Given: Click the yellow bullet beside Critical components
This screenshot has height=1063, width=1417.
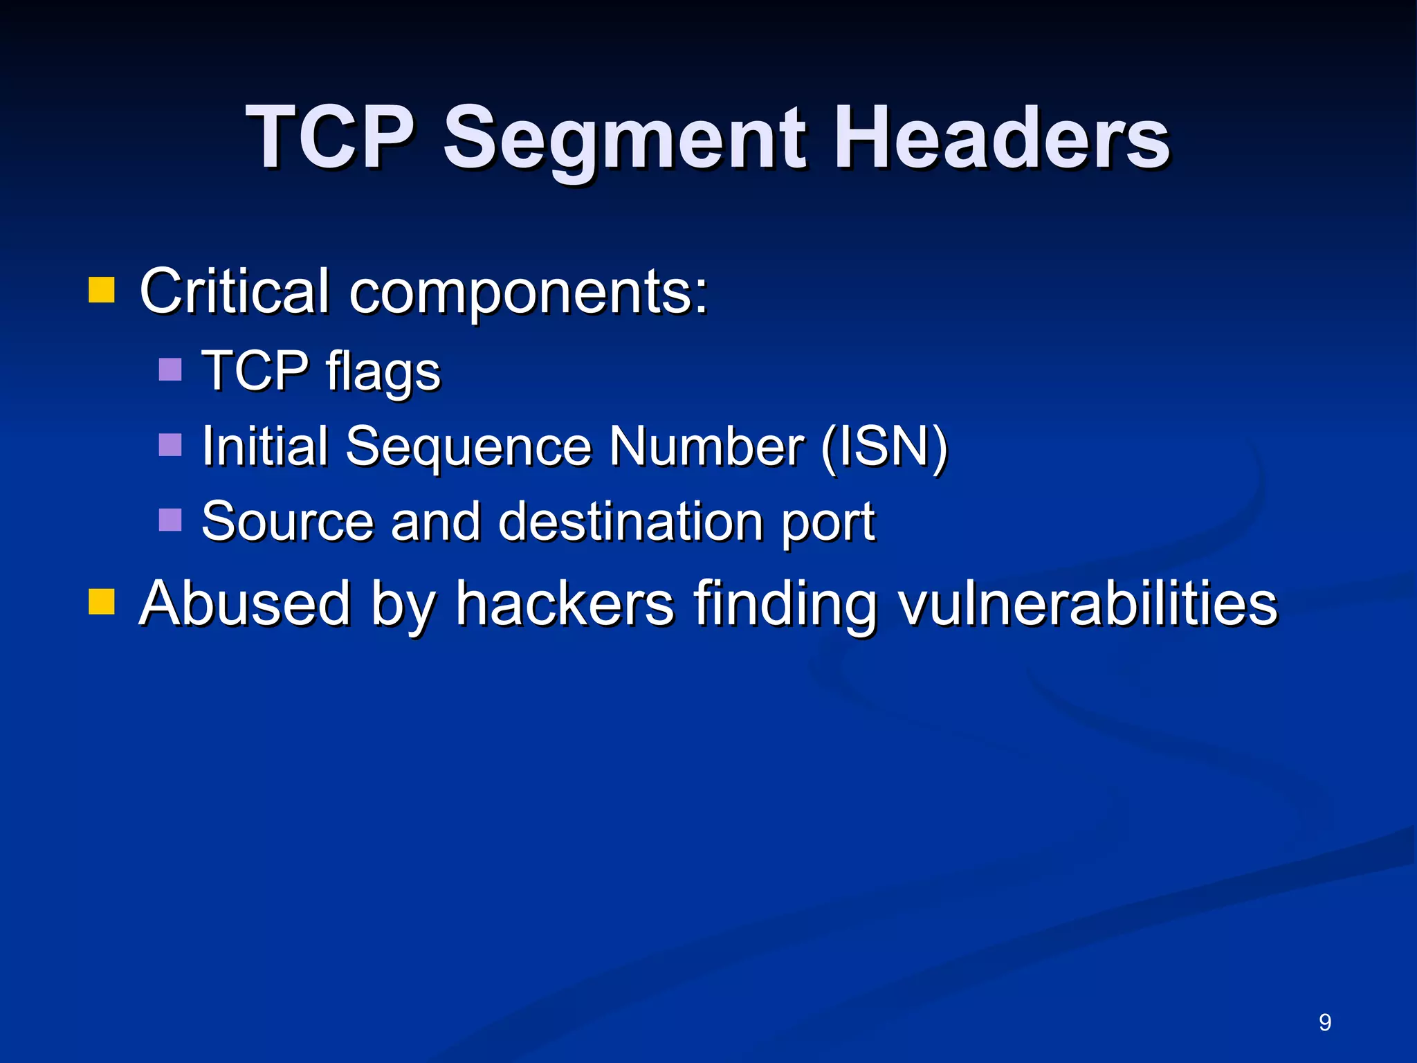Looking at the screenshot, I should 101,291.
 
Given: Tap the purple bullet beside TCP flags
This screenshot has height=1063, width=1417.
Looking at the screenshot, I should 170,370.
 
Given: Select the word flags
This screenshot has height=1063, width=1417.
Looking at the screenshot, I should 383,372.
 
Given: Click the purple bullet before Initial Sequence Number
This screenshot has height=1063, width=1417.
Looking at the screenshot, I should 170,445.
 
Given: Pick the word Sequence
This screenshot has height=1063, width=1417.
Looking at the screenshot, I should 468,447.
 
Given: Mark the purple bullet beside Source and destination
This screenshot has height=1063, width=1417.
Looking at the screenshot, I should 170,520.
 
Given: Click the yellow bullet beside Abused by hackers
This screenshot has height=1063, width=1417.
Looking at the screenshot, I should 101,601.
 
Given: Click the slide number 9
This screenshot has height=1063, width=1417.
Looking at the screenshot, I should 1325,1022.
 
